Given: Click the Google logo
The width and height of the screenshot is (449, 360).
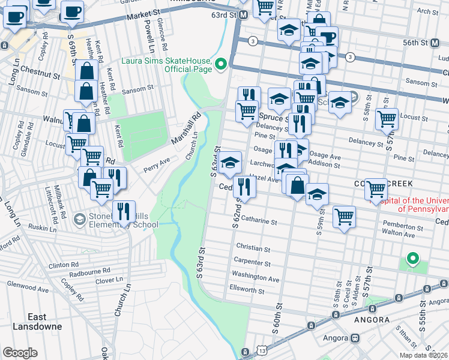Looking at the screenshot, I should (x=20, y=353).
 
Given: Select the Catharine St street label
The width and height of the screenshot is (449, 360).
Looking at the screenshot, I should (x=256, y=221).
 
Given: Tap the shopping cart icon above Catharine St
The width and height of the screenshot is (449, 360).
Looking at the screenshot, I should (x=344, y=217).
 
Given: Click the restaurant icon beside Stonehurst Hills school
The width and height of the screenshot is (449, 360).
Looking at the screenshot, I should (x=124, y=211).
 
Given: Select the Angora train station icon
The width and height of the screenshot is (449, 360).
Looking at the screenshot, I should (x=355, y=338).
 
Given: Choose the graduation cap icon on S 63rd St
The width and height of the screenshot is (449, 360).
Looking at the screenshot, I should (x=229, y=162).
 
